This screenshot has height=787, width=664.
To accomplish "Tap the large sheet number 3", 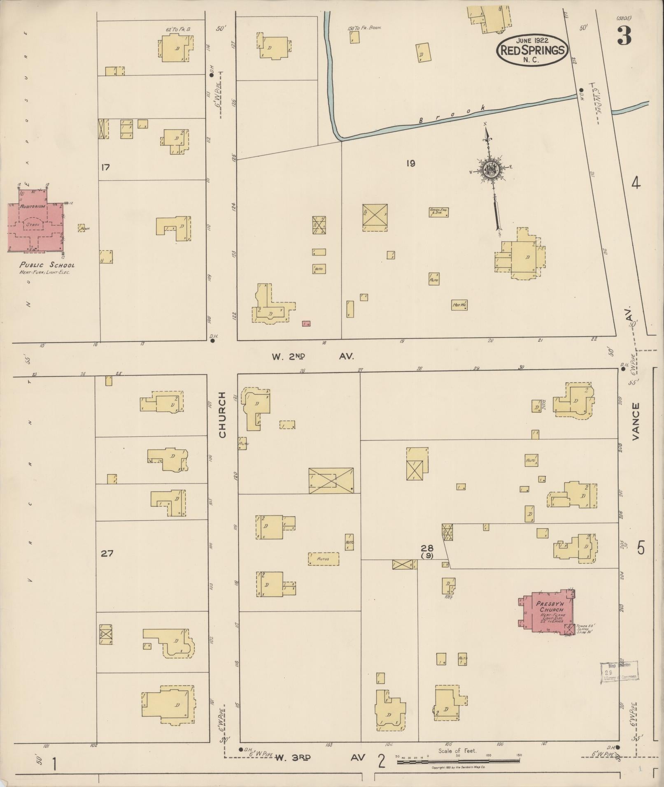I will tap(624, 37).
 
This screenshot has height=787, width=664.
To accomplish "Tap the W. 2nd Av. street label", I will tap(312, 356).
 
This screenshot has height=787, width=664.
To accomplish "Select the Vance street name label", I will tap(636, 421).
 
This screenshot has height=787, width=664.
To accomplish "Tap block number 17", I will tap(105, 167).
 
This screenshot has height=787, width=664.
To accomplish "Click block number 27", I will tap(107, 553).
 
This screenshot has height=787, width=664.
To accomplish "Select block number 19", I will tap(410, 163).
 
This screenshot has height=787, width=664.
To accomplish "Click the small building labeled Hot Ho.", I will tap(459, 305).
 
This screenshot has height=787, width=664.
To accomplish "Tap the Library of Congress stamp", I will tap(618, 673).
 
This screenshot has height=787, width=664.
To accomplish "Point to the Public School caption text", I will tap(47, 265).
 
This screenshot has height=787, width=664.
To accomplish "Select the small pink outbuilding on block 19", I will tap(306, 324).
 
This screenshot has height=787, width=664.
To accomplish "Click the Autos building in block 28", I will tap(324, 559).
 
